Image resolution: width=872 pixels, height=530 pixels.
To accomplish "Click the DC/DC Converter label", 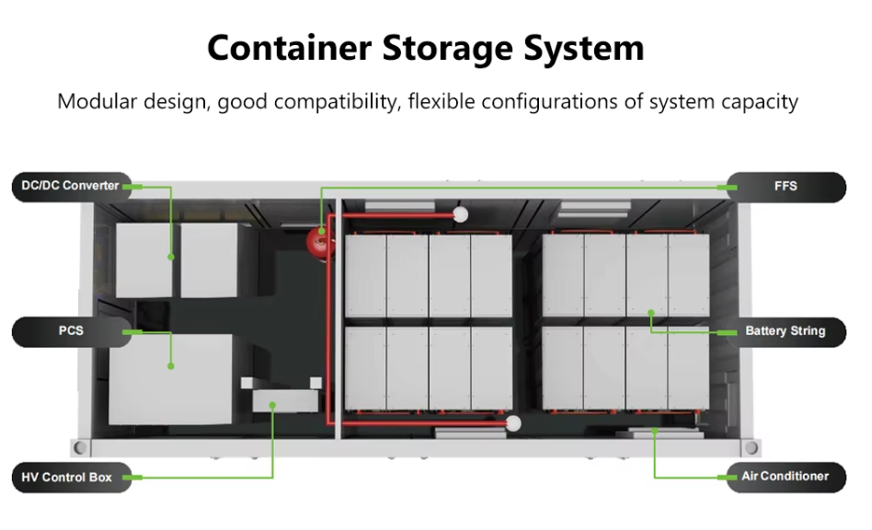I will pyautogui.click(x=70, y=186).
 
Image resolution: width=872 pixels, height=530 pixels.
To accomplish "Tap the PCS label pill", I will pyautogui.click(x=70, y=330).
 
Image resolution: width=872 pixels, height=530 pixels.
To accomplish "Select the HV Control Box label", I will pyautogui.click(x=70, y=478).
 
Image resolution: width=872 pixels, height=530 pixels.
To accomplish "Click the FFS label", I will pyautogui.click(x=786, y=187).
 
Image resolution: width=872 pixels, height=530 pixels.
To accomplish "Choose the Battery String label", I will pyautogui.click(x=786, y=331).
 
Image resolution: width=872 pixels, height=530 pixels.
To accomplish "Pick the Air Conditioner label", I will pyautogui.click(x=786, y=477).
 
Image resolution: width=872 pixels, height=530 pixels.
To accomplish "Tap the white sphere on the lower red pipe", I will pyautogui.click(x=514, y=423).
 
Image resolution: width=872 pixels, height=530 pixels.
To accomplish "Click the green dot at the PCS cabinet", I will pyautogui.click(x=171, y=366).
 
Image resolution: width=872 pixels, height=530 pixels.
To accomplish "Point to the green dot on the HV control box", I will pyautogui.click(x=273, y=404).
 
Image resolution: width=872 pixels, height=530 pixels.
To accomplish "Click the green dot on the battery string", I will pyautogui.click(x=651, y=312).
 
